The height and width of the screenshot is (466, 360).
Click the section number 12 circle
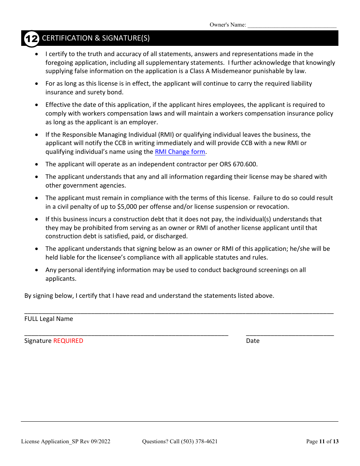[x=31, y=39]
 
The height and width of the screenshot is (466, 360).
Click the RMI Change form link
[x=180, y=152]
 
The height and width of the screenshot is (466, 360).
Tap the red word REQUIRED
[x=68, y=341]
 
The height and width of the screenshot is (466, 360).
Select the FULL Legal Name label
[x=49, y=319]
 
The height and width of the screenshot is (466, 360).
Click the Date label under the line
[x=253, y=341]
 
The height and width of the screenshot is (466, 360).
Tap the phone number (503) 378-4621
[x=199, y=441]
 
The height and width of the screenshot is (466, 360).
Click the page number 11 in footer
[x=322, y=441]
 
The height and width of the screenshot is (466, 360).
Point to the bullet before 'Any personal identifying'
[x=36, y=270]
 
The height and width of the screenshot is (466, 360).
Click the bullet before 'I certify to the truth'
[x=36, y=54]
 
